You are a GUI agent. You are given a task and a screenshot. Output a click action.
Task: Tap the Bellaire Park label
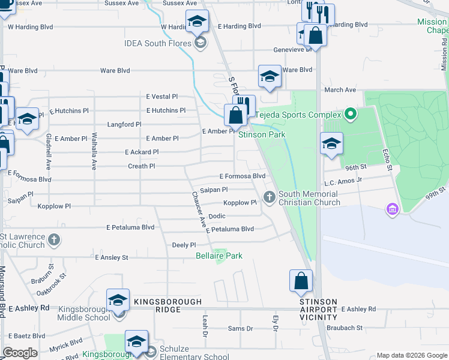point(219,256)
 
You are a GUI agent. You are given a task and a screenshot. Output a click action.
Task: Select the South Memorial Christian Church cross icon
point(269,196)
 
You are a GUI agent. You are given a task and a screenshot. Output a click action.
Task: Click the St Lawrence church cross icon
point(54,240)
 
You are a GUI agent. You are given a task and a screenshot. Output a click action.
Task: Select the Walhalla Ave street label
point(94,151)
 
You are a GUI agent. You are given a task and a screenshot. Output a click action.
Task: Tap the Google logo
point(19,353)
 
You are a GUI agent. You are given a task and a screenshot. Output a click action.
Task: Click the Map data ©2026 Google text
point(411,355)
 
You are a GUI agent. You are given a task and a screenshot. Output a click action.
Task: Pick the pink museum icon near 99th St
point(393,209)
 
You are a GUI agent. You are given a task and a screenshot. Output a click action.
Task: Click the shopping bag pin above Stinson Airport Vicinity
point(301,281)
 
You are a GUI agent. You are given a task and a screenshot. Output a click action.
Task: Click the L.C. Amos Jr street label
point(343,179)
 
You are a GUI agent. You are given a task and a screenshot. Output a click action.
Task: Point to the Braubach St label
point(345,328)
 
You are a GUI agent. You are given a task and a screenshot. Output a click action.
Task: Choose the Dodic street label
point(217,216)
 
